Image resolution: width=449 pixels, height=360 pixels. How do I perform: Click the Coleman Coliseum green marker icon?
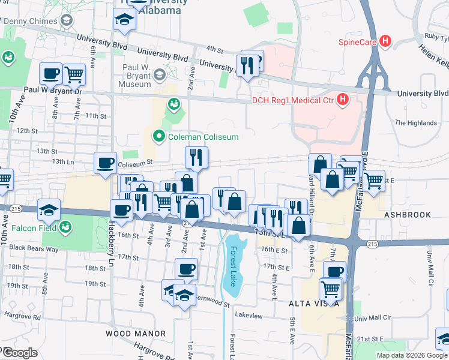pyautogui.click(x=159, y=137)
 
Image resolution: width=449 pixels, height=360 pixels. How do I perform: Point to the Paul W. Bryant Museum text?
pyautogui.click(x=136, y=76)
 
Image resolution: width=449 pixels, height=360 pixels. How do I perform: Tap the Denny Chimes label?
pyautogui.click(x=31, y=22)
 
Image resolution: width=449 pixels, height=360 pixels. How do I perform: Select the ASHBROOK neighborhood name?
pyautogui.click(x=408, y=215)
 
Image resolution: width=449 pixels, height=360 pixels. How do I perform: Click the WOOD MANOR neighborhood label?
pyautogui.click(x=136, y=333)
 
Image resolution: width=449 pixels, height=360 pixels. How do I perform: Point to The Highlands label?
pyautogui.click(x=415, y=123)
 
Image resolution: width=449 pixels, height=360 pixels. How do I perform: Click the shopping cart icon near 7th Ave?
pyautogui.click(x=74, y=74)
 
